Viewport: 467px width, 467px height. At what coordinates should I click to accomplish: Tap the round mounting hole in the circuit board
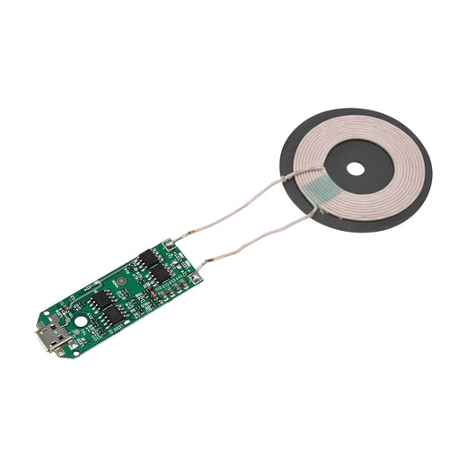point(81,321)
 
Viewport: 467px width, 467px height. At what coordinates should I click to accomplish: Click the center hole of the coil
point(357,168)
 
